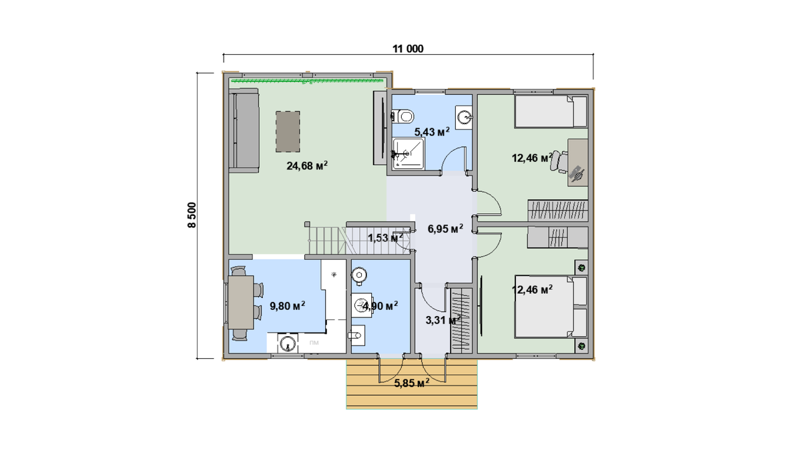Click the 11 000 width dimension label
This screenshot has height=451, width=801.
point(408,49)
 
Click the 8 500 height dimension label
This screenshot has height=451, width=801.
point(192,215)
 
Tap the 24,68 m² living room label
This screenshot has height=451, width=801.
point(307,166)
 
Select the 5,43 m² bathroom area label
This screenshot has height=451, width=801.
point(432,132)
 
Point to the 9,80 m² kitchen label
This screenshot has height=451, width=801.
point(288,306)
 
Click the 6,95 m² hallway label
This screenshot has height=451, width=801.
point(446,229)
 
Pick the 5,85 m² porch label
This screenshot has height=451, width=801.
point(412,384)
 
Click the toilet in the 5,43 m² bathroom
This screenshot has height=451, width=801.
point(403,116)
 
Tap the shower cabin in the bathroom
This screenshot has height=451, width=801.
point(409,154)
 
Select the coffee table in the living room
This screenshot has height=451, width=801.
point(288,132)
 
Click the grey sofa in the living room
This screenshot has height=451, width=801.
point(244,131)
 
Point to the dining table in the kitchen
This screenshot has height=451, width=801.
point(241,303)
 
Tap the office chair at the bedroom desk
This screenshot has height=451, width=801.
point(559,162)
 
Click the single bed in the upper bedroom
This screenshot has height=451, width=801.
point(551,112)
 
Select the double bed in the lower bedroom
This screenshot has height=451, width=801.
point(551,307)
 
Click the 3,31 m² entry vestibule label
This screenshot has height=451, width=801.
point(443,320)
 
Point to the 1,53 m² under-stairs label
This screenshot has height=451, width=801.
point(386,237)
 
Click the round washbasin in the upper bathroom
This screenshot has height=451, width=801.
point(464,117)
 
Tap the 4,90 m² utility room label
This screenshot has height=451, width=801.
point(380,306)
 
